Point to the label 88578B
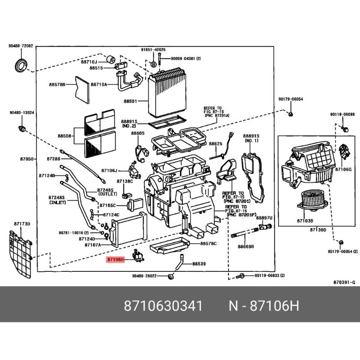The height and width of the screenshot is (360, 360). coord(57,85)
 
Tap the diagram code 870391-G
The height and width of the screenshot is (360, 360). coord(344,282)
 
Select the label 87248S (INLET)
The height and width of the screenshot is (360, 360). coord(57,200)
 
